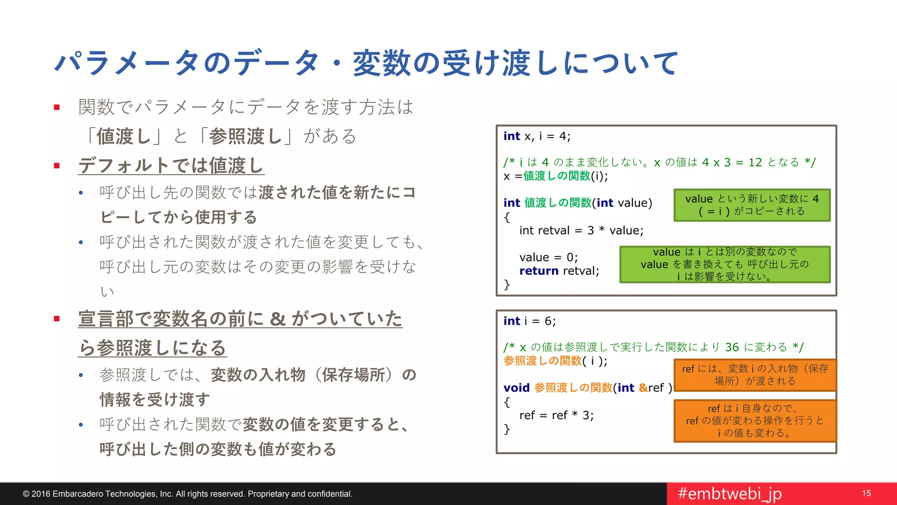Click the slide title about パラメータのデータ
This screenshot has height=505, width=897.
pyautogui.click(x=366, y=63)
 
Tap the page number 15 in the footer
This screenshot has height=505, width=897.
pyautogui.click(x=866, y=493)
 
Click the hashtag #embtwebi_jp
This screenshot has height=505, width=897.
pyautogui.click(x=729, y=494)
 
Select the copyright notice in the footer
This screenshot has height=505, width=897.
pyautogui.click(x=187, y=494)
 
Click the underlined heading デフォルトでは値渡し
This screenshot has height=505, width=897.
pyautogui.click(x=171, y=166)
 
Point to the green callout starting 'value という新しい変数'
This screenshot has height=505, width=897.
pyautogui.click(x=752, y=205)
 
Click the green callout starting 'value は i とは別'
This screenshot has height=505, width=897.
pyautogui.click(x=724, y=264)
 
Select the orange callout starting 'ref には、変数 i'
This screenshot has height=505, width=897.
pyautogui.click(x=755, y=375)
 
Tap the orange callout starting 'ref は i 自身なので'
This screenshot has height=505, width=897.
pyautogui.click(x=755, y=421)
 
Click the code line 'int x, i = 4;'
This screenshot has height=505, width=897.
pyautogui.click(x=537, y=136)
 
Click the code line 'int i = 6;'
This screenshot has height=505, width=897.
pyautogui.click(x=529, y=321)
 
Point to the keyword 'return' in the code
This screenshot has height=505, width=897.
pyautogui.click(x=539, y=271)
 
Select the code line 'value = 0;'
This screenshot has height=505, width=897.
pyautogui.click(x=548, y=257)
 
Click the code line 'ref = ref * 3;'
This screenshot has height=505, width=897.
pyautogui.click(x=556, y=415)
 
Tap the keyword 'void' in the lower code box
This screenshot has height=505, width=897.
pyautogui.click(x=516, y=388)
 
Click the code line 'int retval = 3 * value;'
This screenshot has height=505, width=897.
pyautogui.click(x=581, y=231)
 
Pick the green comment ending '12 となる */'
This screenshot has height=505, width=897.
pyautogui.click(x=659, y=163)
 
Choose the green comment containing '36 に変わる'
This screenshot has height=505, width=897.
pyautogui.click(x=653, y=348)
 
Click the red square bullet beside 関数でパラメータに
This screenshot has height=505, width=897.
pyautogui.click(x=57, y=107)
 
